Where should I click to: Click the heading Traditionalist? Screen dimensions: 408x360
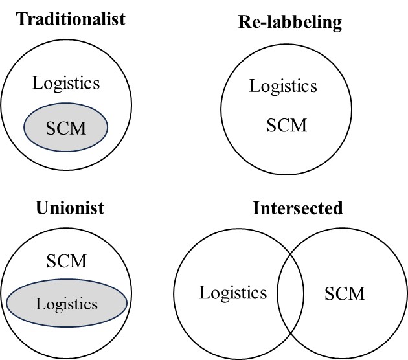coord(71,19)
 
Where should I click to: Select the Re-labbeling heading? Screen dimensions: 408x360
coord(290,23)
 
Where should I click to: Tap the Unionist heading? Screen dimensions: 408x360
coord(70,208)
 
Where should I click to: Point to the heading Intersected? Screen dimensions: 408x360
coord(298,208)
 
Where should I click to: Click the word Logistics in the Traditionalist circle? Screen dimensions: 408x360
coord(66,84)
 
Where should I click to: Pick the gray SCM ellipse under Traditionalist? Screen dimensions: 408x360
coord(66,127)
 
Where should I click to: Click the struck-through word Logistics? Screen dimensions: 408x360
coord(283,86)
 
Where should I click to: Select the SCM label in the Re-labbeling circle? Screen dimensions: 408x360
coord(287,126)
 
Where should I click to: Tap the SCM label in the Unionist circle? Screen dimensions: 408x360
coord(67,261)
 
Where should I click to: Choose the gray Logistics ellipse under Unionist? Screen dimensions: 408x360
coord(67,303)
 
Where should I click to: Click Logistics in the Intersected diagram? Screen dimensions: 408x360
coord(233,293)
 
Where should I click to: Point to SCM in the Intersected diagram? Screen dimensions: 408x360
coord(345,293)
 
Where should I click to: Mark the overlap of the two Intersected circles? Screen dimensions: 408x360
coord(290,293)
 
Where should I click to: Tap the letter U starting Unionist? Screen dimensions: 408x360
coord(42,208)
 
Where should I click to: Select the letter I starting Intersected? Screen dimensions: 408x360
coord(256,208)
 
